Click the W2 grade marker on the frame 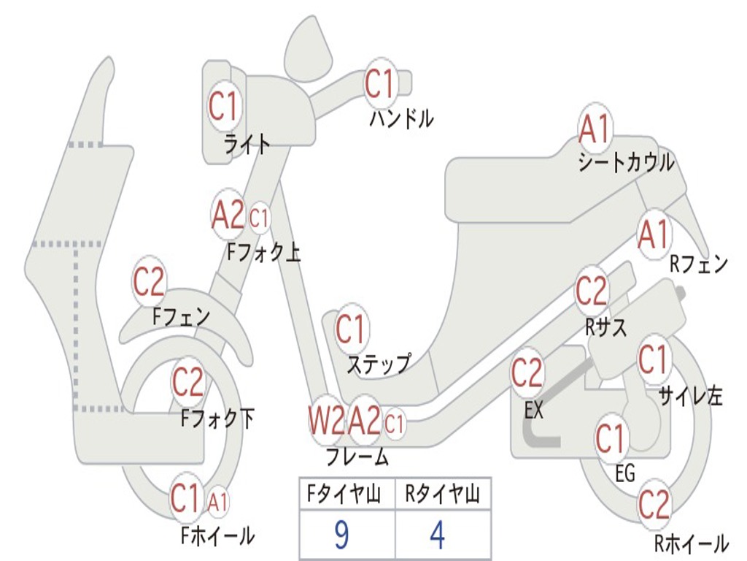tap(326, 420)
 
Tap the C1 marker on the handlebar tap(381, 83)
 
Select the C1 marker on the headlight tap(223, 105)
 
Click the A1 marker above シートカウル tap(595, 128)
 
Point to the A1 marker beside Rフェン tap(654, 234)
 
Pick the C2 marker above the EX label tap(527, 373)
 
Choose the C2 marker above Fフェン tap(149, 281)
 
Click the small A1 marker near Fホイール tap(217, 502)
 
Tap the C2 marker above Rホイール tap(654, 504)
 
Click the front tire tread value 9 tap(341, 535)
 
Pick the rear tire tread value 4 tap(438, 535)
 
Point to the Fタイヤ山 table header tap(344, 495)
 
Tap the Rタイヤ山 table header tap(443, 495)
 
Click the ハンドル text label tap(401, 118)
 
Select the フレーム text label tap(357, 457)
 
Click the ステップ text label tap(379, 365)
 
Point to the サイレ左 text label tap(690, 396)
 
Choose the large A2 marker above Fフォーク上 tap(228, 215)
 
